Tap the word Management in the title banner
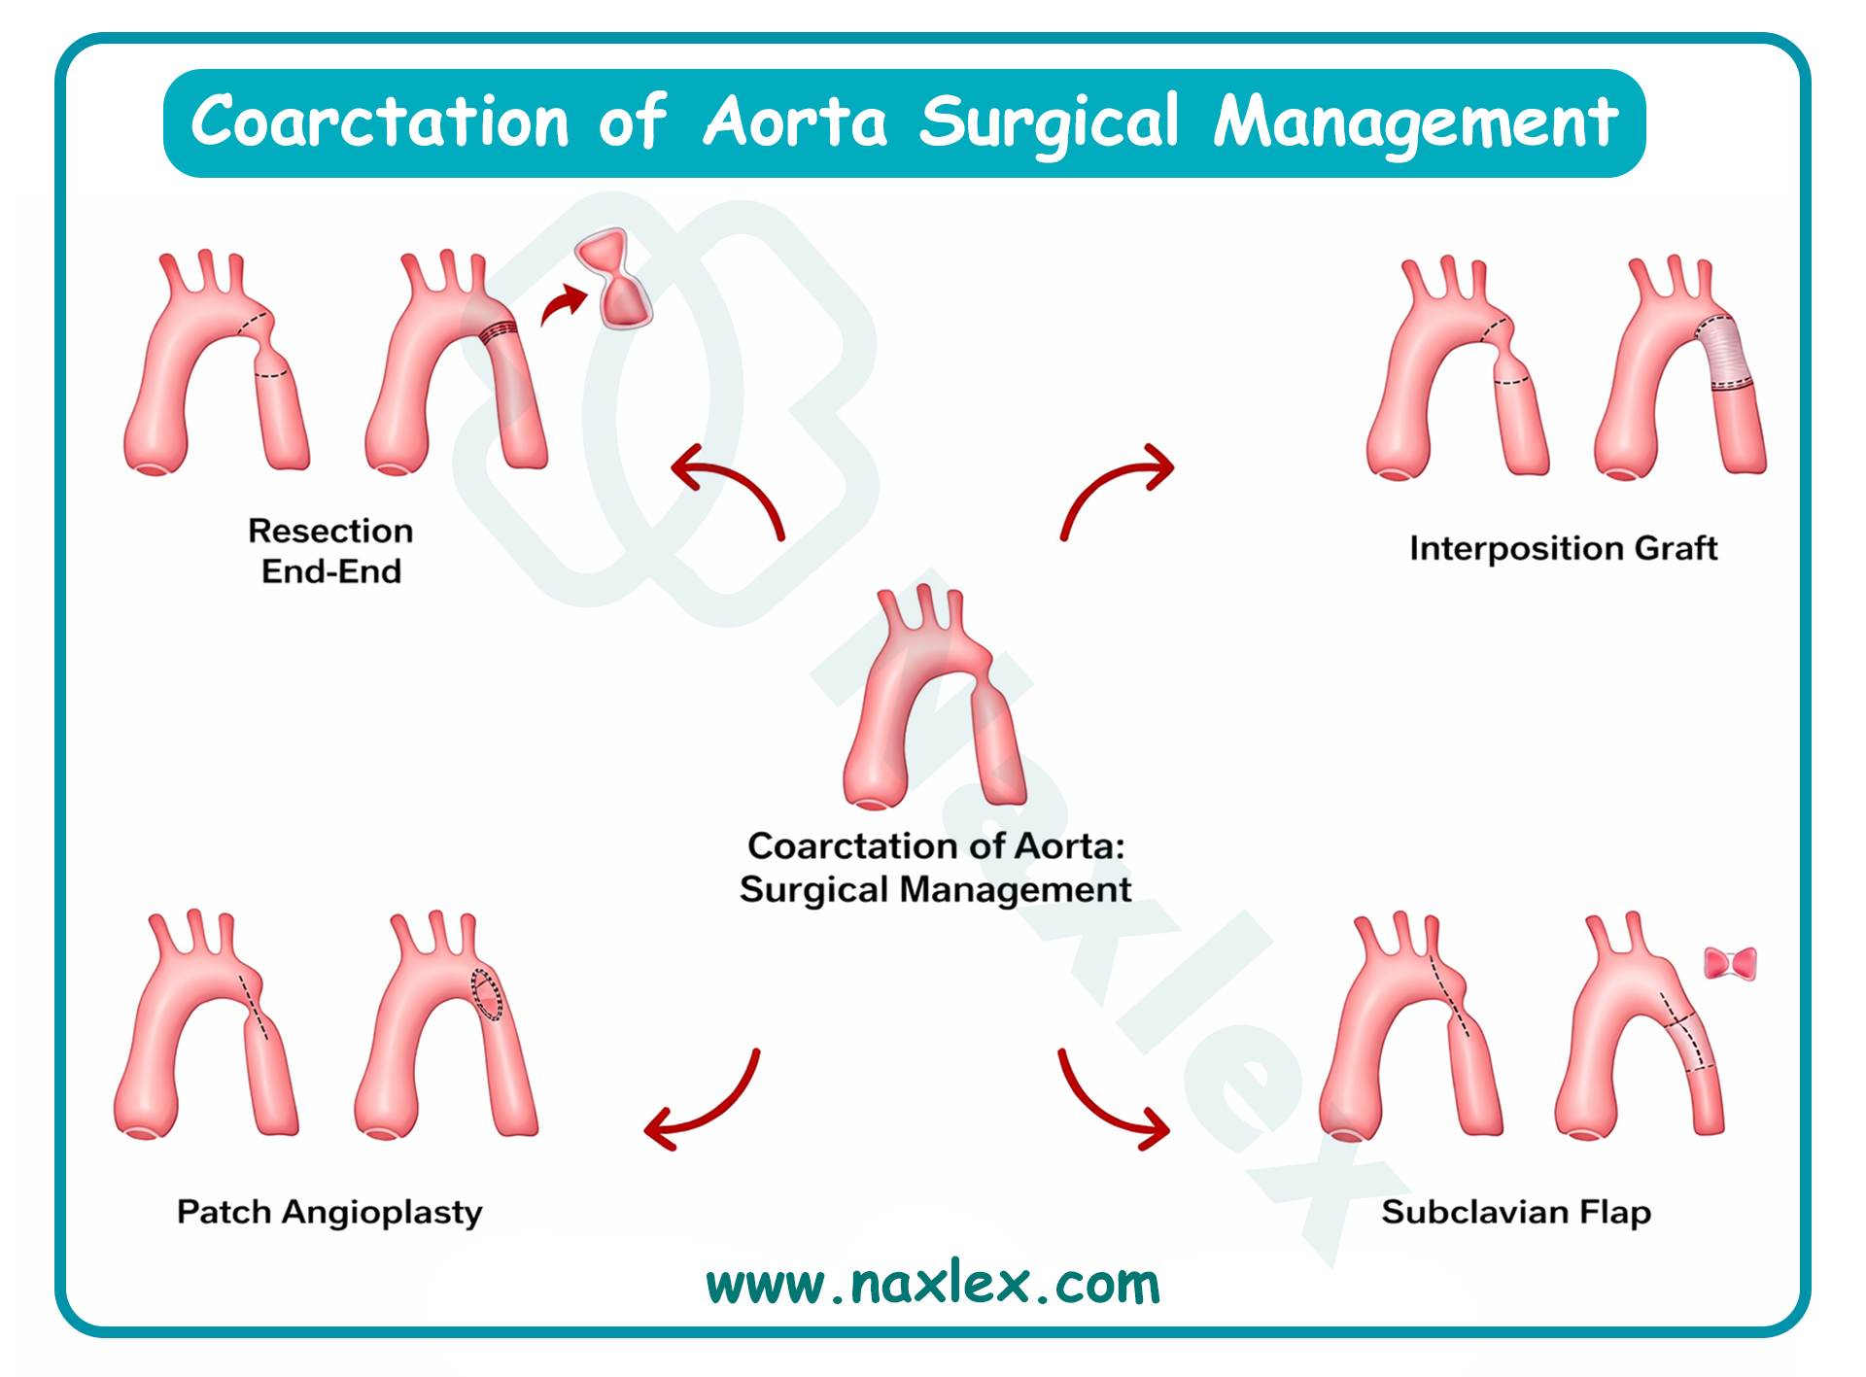(x=1415, y=122)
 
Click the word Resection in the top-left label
(x=330, y=531)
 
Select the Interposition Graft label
(x=1563, y=548)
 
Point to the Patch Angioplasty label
(x=329, y=1213)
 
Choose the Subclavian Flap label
(x=1516, y=1213)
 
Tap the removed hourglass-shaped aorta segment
(x=613, y=278)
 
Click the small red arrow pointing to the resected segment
(x=564, y=304)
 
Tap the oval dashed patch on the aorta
(x=487, y=994)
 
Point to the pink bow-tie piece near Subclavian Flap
(x=1730, y=964)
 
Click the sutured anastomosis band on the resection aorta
(x=499, y=331)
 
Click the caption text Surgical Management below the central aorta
(x=935, y=889)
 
